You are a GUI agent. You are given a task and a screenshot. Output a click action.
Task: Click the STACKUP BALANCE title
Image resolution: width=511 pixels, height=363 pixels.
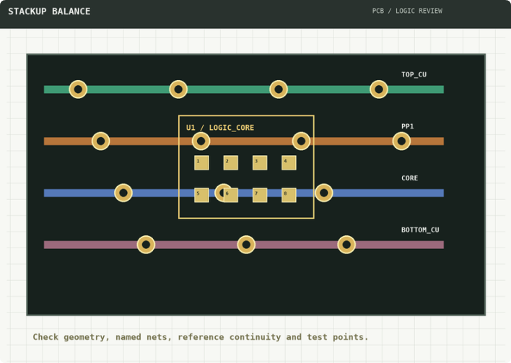click(x=49, y=12)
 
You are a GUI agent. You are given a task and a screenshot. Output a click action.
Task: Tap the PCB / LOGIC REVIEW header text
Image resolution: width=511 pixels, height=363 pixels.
click(x=407, y=11)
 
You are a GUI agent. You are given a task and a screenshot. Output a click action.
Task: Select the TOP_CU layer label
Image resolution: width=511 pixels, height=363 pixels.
click(x=414, y=74)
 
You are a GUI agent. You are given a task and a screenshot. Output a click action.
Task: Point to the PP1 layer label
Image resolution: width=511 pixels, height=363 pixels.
click(x=407, y=126)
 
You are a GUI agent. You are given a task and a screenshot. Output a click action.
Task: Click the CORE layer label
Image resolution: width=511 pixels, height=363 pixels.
click(x=410, y=178)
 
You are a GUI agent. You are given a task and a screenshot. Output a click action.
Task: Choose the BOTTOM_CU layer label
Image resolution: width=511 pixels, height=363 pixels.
click(x=420, y=229)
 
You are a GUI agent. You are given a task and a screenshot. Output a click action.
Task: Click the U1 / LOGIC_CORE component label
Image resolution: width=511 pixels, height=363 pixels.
click(x=220, y=128)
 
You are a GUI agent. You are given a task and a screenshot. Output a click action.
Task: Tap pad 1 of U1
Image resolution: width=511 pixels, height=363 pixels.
click(x=201, y=162)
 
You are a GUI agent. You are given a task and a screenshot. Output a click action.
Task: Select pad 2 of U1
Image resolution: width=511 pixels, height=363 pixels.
click(x=231, y=162)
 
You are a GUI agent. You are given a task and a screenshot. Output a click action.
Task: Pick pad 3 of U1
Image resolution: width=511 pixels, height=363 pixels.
click(x=260, y=162)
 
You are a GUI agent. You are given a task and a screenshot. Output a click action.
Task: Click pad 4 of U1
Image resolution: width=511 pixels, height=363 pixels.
click(x=289, y=162)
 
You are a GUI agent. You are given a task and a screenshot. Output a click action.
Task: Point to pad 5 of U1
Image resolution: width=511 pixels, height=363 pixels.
click(x=201, y=195)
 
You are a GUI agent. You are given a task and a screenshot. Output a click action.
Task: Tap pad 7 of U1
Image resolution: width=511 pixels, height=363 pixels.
click(x=260, y=195)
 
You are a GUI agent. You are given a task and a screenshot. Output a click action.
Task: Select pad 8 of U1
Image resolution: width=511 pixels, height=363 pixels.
click(x=289, y=195)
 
